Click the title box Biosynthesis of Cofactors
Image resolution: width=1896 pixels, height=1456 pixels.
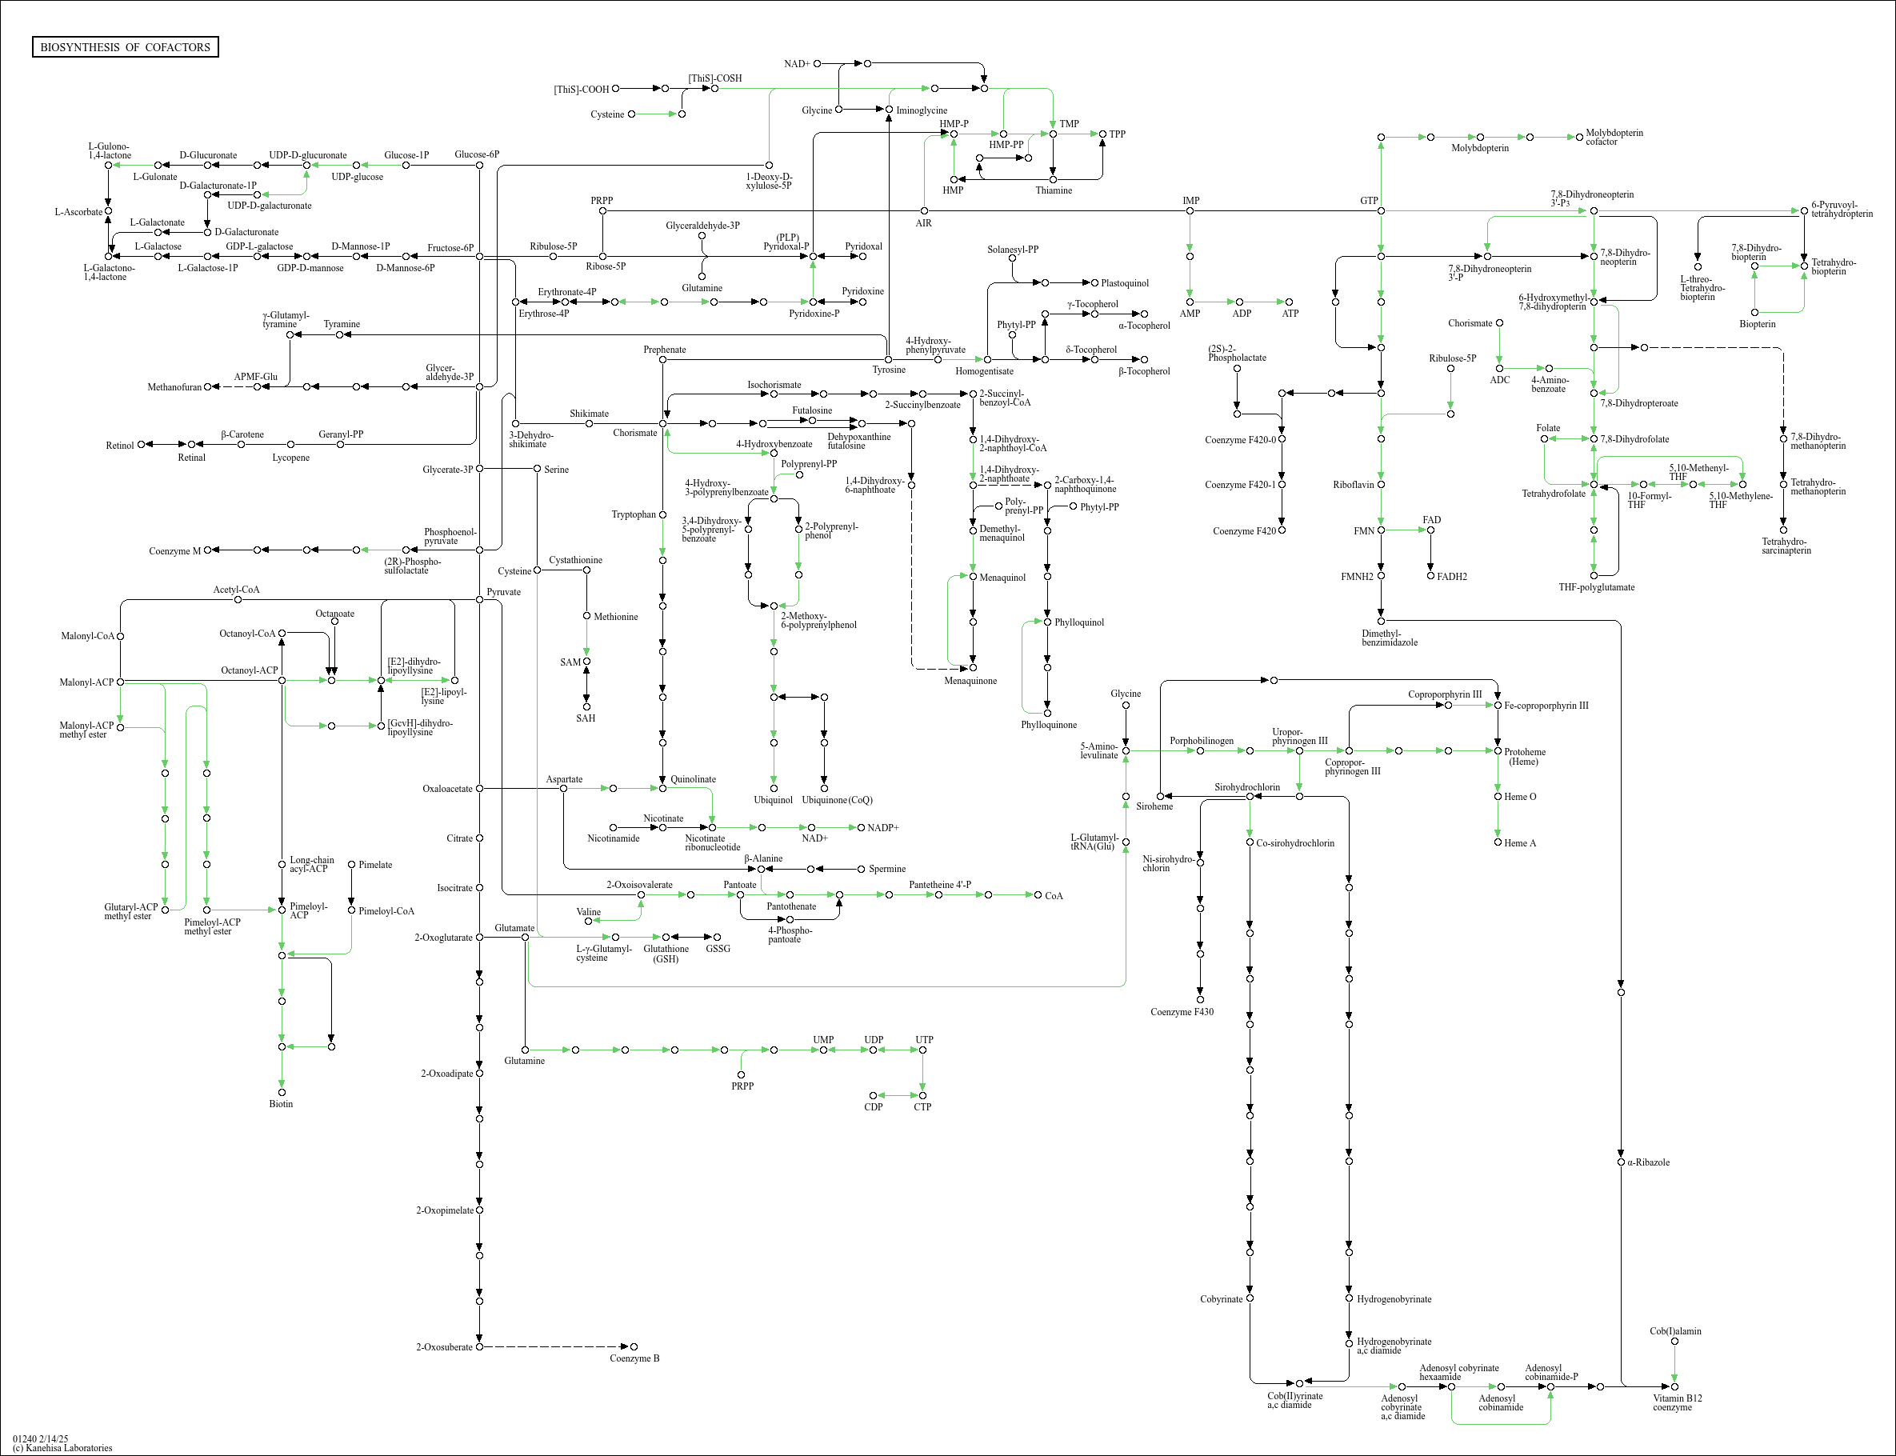click(x=125, y=46)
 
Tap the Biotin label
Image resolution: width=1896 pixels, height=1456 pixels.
click(x=281, y=1103)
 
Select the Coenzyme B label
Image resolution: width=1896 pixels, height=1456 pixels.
click(x=634, y=1358)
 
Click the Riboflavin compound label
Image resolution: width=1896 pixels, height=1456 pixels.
click(x=1353, y=485)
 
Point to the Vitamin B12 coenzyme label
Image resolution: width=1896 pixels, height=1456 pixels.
click(x=1677, y=1402)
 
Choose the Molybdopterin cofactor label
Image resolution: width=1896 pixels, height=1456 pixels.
click(x=1614, y=137)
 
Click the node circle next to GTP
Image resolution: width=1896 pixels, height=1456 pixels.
click(x=1381, y=210)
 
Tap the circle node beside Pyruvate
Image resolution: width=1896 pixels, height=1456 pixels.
click(x=479, y=599)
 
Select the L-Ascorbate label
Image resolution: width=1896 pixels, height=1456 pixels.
click(x=78, y=211)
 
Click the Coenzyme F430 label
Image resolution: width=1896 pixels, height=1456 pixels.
click(x=1181, y=1011)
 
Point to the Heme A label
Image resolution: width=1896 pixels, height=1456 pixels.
click(x=1520, y=842)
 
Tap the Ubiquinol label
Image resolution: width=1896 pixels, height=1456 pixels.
click(x=773, y=800)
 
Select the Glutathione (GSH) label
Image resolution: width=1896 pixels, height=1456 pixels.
click(x=666, y=954)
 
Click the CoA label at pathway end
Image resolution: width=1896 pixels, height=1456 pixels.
click(x=1054, y=895)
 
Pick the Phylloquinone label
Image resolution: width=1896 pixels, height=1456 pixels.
click(x=1049, y=725)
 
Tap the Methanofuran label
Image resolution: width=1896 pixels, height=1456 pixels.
click(x=174, y=387)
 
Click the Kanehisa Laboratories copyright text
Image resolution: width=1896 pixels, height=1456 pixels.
click(x=62, y=1447)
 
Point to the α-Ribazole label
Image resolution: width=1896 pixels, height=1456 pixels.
click(x=1648, y=1162)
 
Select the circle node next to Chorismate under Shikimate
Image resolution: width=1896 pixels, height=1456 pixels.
click(x=663, y=424)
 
